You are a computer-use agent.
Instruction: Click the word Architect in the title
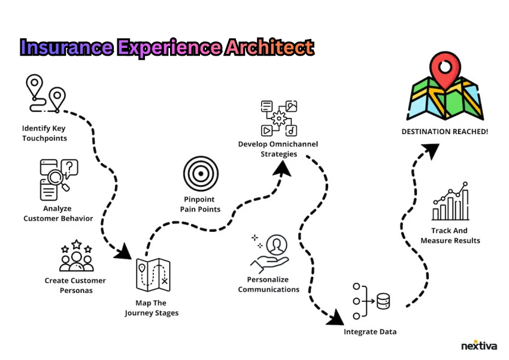pos(269,47)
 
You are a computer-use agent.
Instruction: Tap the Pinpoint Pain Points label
pos(200,204)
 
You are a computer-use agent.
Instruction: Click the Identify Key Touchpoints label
pos(44,133)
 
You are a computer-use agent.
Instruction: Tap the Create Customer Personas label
pos(75,285)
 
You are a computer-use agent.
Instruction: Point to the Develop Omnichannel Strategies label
pos(278,149)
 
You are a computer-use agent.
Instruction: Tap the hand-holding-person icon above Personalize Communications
pos(271,252)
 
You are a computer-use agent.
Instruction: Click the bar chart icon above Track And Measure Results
pos(450,202)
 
